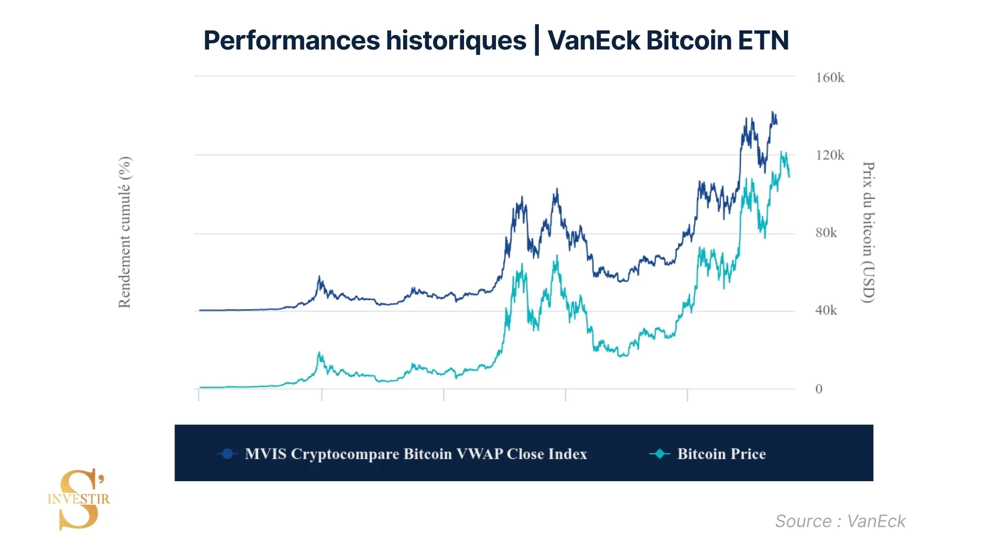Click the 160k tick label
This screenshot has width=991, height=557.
(829, 78)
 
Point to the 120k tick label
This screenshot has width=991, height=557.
(829, 155)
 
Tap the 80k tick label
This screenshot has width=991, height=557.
(826, 233)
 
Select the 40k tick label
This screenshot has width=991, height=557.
(826, 310)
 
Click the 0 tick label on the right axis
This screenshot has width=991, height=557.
(819, 389)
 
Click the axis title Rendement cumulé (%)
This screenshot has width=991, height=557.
(125, 232)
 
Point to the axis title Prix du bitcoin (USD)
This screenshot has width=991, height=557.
(869, 232)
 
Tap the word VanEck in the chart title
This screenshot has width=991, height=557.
(594, 40)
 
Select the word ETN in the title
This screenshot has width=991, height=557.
(763, 40)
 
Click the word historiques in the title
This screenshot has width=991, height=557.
(456, 40)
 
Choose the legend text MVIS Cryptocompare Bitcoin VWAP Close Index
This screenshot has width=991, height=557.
(416, 454)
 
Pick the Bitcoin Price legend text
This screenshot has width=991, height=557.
(721, 454)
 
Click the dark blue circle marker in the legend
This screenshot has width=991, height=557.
(227, 454)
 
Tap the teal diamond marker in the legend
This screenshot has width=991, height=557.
(659, 454)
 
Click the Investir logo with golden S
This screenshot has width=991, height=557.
(79, 499)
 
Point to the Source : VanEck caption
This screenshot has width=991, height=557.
(840, 521)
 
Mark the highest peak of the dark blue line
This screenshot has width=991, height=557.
(773, 112)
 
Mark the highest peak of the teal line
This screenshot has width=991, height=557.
(781, 152)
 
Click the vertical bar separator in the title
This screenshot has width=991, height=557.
(537, 40)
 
